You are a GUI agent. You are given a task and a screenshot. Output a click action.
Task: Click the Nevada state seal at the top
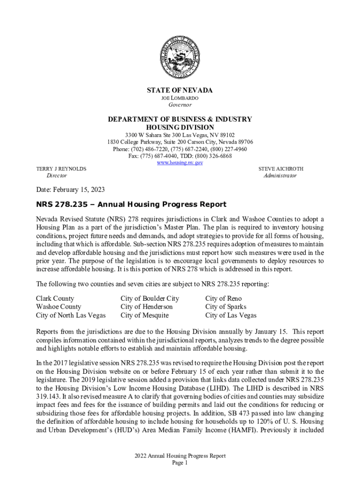(x=180, y=58)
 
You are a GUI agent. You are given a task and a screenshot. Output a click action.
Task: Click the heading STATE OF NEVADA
(x=180, y=90)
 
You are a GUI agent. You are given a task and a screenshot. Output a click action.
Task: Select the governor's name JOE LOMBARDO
(x=180, y=98)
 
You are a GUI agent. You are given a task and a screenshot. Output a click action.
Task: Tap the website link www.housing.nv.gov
(x=180, y=162)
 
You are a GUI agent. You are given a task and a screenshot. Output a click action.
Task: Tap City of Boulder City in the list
(x=150, y=298)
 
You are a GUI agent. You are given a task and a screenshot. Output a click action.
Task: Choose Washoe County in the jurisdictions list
(x=58, y=307)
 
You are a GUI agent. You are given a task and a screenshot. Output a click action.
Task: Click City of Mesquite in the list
(x=144, y=315)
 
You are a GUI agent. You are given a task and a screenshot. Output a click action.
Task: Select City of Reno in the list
(x=223, y=298)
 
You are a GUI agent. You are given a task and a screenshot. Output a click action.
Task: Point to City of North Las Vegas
(x=71, y=315)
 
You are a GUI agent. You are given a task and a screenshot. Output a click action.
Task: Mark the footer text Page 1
(x=180, y=463)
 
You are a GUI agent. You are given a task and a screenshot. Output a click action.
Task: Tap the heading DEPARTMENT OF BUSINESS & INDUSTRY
(x=180, y=119)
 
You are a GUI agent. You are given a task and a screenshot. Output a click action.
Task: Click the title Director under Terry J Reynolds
(x=57, y=175)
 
